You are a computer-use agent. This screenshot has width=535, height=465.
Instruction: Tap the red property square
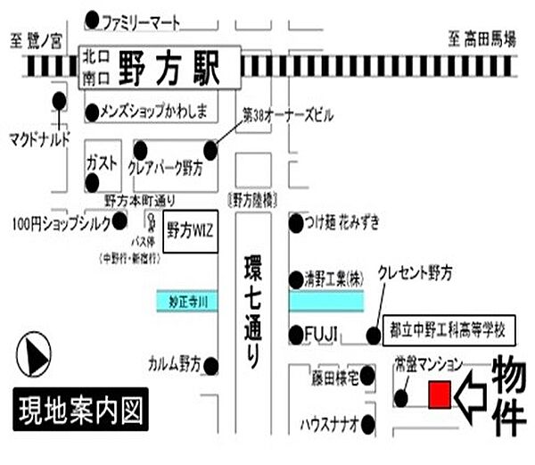coord(439,395)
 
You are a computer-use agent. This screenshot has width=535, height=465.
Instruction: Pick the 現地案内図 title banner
coord(79,411)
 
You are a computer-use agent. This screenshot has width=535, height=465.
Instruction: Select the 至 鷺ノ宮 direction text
coord(37,39)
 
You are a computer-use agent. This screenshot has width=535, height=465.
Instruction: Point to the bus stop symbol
coord(151,222)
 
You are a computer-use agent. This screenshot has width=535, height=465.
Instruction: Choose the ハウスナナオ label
coord(328,423)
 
